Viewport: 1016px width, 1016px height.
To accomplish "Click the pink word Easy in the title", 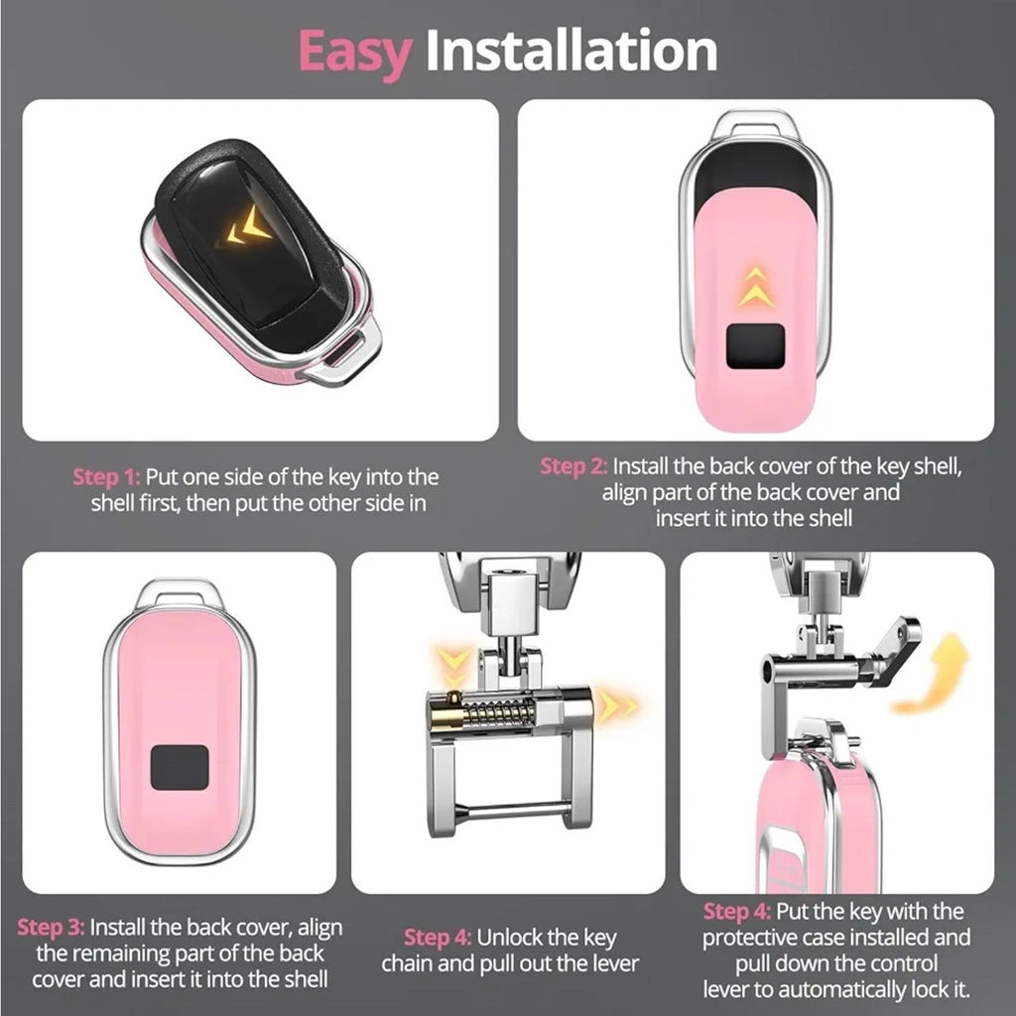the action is (354, 52).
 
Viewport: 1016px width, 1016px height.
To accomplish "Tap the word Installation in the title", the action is (571, 50).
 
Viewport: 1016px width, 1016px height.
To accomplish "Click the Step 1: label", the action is (106, 477).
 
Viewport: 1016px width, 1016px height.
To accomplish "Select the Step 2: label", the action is (574, 466).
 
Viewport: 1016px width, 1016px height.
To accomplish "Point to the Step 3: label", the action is (52, 928).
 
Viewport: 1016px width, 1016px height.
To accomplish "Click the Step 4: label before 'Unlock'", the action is (438, 937).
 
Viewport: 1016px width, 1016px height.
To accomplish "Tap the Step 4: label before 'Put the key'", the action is (737, 911).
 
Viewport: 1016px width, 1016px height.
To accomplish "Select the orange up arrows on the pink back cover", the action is (754, 287).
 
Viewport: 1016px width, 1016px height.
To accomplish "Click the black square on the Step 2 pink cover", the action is (755, 346).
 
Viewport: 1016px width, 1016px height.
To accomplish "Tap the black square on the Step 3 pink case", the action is (180, 767).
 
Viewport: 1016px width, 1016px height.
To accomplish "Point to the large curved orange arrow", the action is (933, 674).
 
